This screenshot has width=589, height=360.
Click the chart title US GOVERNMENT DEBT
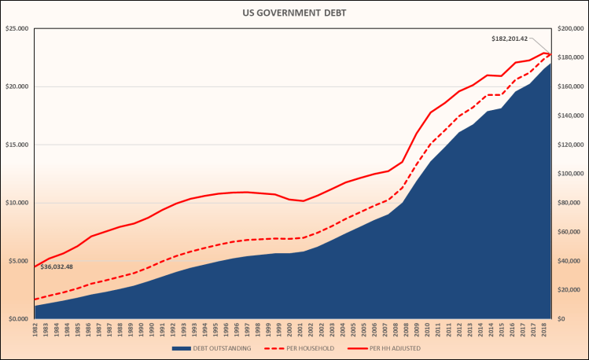coord(294,13)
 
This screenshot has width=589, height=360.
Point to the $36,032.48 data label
coord(57,266)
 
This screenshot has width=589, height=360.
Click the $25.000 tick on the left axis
coord(17,29)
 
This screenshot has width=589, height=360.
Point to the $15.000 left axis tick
coord(17,145)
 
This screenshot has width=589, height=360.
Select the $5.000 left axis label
coord(17,261)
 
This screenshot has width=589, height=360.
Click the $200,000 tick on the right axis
coord(569,29)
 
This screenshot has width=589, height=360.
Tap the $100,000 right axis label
coord(569,174)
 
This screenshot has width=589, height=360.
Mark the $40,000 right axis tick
coord(568,261)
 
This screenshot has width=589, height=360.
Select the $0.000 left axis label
coord(17,319)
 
